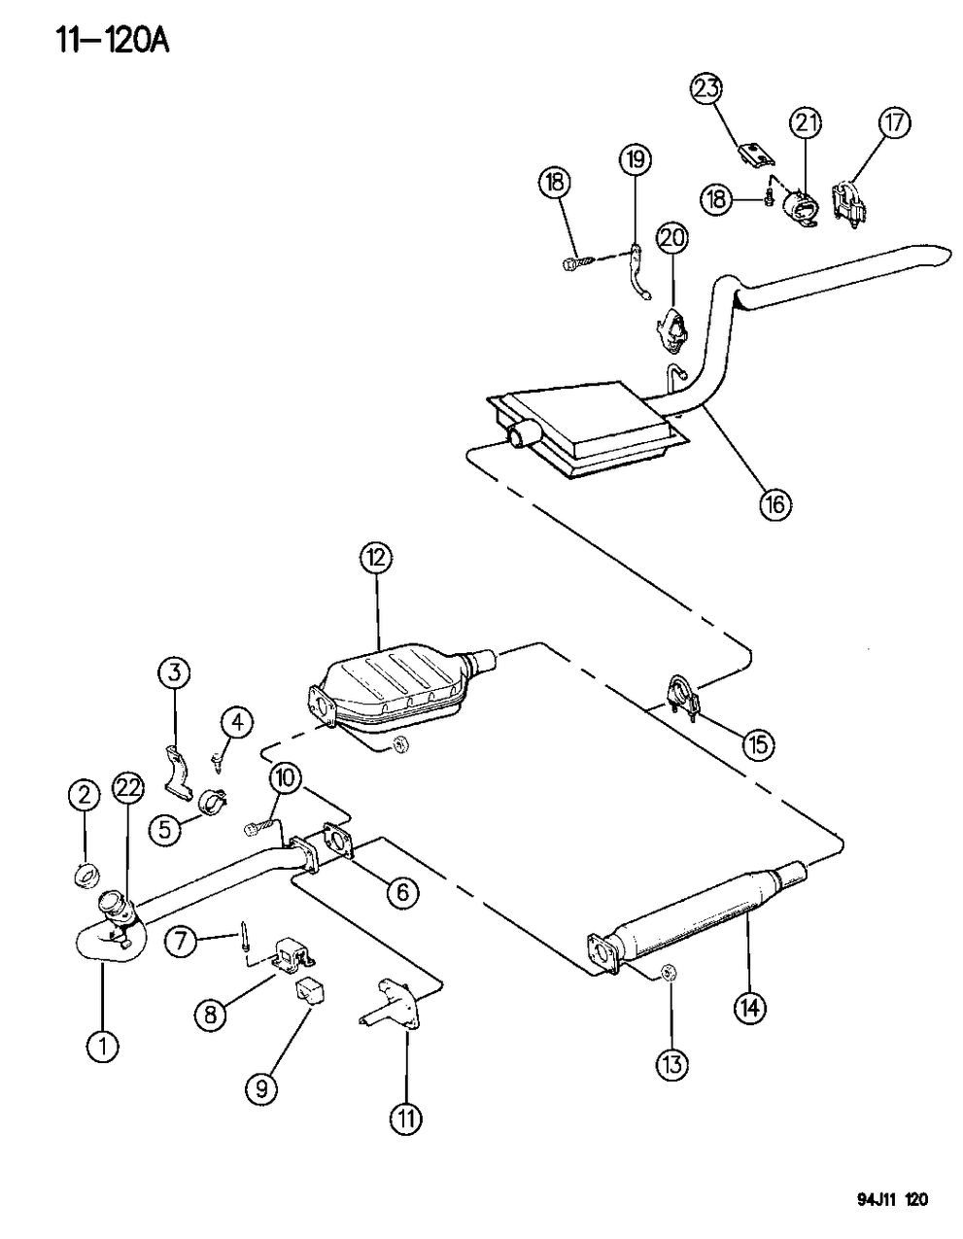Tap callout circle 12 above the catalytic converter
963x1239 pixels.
[x=376, y=558]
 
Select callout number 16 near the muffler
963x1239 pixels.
[x=775, y=503]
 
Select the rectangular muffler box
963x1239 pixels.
[x=583, y=428]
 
